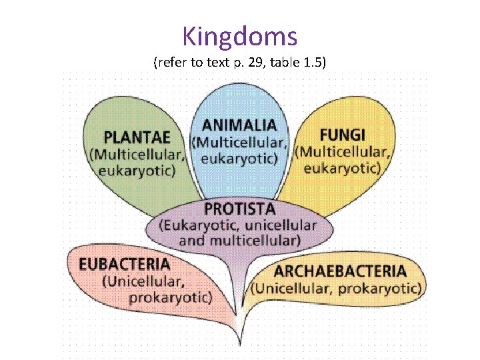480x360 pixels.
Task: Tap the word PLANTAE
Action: (132, 137)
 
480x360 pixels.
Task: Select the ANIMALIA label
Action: (239, 125)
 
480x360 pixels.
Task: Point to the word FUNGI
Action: (343, 133)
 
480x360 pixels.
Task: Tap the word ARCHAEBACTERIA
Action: (340, 271)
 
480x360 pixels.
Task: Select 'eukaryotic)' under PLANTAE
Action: (137, 171)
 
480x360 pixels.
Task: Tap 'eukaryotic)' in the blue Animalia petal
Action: (239, 159)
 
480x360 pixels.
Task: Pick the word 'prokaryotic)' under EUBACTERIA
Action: (171, 297)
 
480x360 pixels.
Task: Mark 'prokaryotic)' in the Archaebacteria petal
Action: (380, 289)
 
